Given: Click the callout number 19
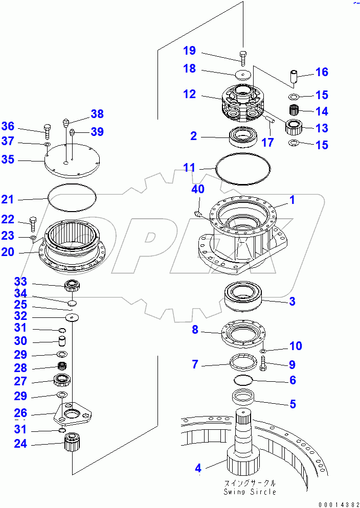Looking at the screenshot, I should click(x=189, y=51).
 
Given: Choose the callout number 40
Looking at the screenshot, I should click(x=198, y=189).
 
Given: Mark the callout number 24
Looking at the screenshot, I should click(x=20, y=444).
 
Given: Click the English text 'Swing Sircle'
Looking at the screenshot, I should click(x=250, y=492).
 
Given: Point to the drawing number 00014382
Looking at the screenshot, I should click(x=338, y=503).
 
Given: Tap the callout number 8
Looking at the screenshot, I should click(x=195, y=330).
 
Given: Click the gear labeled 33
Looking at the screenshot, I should click(x=72, y=286).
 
